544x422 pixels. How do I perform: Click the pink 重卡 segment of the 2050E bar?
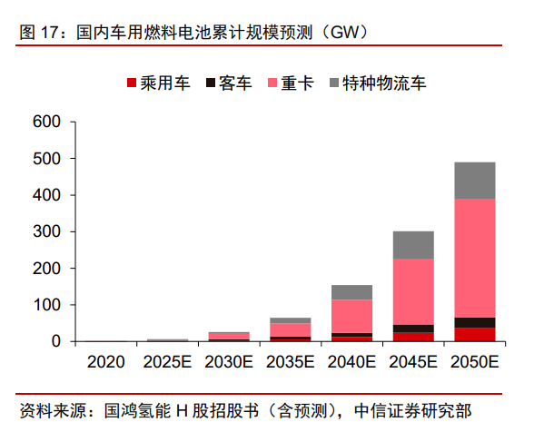tap(474, 258)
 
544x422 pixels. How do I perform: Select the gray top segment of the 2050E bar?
tap(474, 181)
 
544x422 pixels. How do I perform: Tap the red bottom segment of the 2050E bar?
tap(474, 334)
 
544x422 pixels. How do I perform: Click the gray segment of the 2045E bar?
tap(412, 245)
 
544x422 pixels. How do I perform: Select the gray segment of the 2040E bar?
tap(351, 292)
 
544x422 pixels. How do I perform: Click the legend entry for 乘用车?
tap(158, 83)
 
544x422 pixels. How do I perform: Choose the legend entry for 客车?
tap(229, 83)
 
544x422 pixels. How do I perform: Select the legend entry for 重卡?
tap(290, 83)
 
